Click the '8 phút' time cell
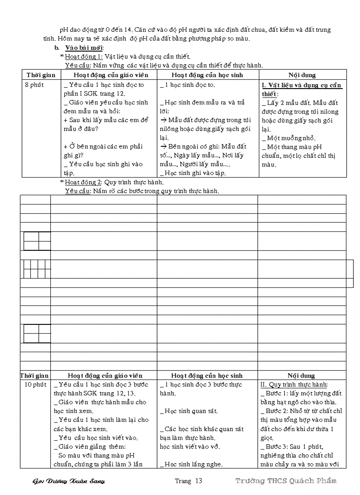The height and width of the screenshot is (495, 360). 34,85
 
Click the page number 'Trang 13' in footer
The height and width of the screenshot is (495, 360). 188,481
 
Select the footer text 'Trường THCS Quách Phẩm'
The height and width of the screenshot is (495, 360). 286,480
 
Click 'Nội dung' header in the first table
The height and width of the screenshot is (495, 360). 302,75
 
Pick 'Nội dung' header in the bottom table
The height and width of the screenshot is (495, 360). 301,376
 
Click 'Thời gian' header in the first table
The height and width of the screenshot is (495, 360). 41,75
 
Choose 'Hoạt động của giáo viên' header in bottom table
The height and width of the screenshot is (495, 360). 105,376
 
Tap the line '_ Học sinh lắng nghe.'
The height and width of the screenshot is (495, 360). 191,464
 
